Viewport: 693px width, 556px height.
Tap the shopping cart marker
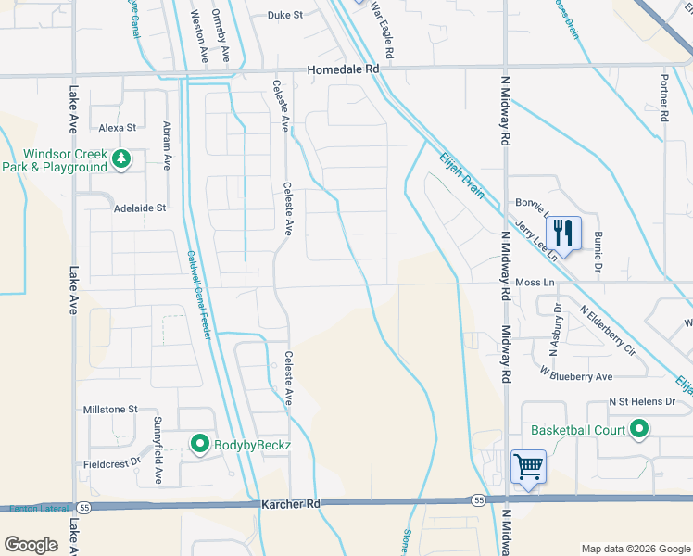click(x=528, y=465)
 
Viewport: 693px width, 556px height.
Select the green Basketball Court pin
click(x=638, y=429)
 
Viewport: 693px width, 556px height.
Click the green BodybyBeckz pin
click(x=199, y=445)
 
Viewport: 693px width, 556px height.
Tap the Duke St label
click(x=285, y=15)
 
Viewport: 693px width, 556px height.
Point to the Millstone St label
click(x=110, y=409)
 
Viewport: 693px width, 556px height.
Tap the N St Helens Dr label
click(x=649, y=402)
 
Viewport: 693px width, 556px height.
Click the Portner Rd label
click(x=664, y=99)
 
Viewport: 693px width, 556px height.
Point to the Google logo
click(x=31, y=545)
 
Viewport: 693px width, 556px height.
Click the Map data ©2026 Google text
click(x=635, y=549)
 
